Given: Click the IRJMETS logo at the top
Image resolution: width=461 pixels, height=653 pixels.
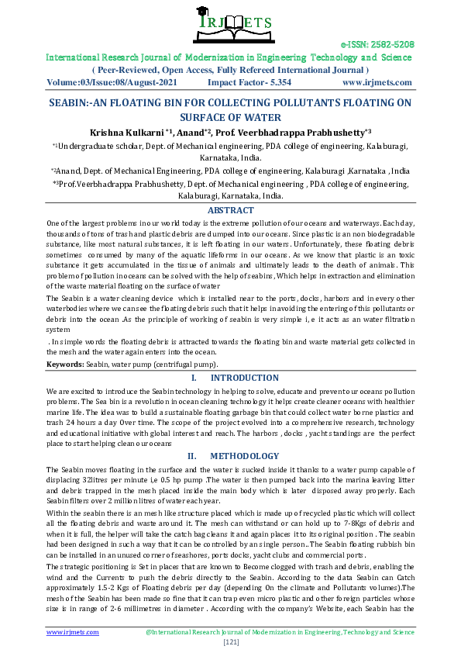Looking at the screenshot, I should click(x=229, y=22).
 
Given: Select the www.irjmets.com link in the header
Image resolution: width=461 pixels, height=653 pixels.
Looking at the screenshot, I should click(x=375, y=81).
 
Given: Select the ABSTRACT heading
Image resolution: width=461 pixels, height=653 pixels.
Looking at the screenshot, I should click(x=230, y=210).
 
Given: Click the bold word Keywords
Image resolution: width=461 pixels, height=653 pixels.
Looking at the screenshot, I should click(x=64, y=363).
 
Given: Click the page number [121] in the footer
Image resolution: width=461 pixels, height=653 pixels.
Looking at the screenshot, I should click(x=230, y=642).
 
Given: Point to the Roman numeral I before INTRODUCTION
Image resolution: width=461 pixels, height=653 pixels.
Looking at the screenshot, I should click(x=193, y=378).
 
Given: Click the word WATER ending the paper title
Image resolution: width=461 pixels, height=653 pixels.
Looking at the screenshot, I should click(x=261, y=118).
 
